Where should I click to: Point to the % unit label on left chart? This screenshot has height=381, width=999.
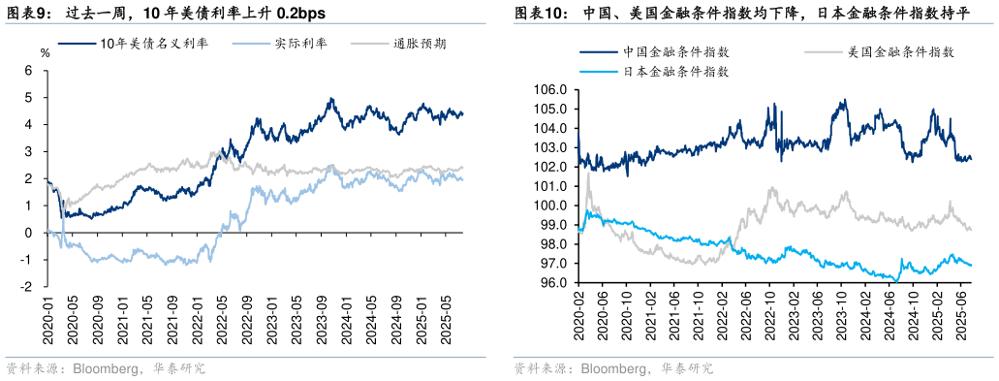[x=45, y=51]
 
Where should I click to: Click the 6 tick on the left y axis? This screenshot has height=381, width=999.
[x=29, y=71]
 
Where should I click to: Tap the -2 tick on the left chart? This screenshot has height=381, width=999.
[x=27, y=287]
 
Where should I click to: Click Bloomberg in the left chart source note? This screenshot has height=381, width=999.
[x=102, y=369]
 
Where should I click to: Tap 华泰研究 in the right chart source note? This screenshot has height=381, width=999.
[x=686, y=369]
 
